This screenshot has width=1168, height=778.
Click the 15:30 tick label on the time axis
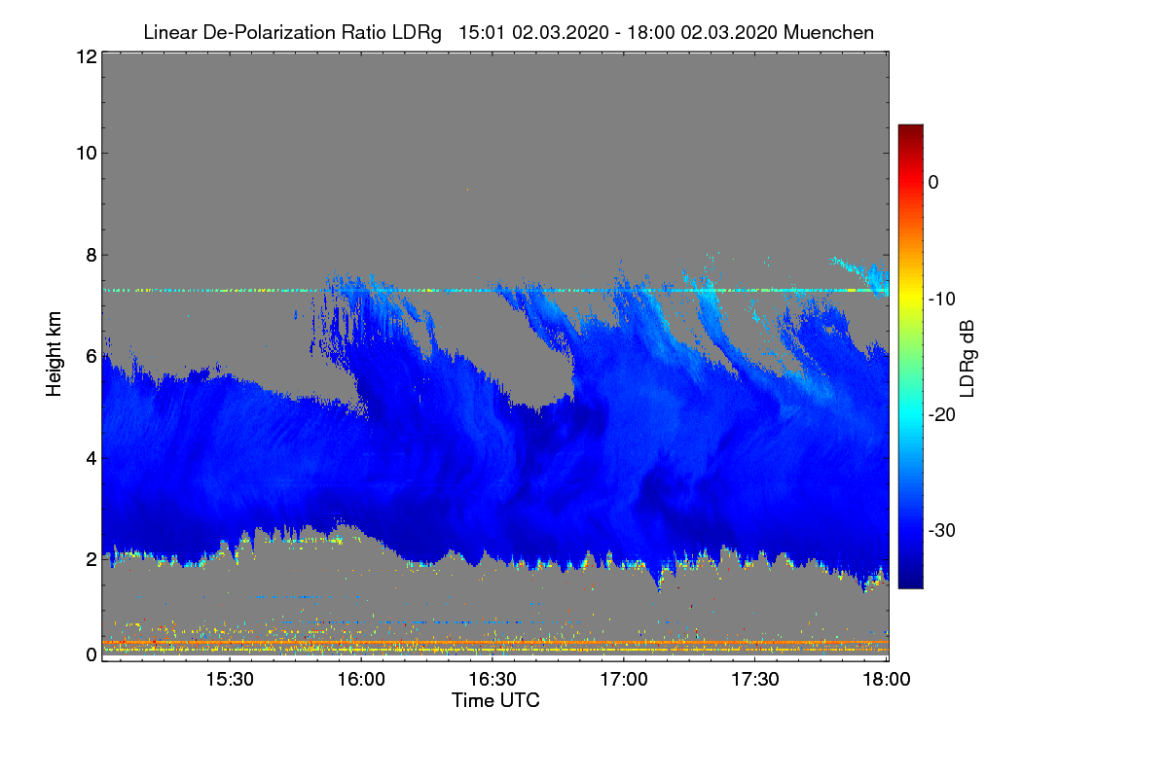[230, 680]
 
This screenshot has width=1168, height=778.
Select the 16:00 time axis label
[361, 680]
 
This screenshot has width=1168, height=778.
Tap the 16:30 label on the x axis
[493, 680]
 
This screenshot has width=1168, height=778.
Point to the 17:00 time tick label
[624, 680]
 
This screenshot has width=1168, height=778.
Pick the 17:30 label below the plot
[755, 680]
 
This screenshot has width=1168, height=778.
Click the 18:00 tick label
[887, 680]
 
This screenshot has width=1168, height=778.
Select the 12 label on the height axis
[87, 56]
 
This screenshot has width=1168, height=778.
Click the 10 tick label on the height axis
[87, 154]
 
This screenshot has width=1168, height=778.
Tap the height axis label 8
[91, 255]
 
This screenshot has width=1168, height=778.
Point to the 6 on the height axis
[91, 357]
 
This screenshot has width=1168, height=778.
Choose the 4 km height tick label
[91, 459]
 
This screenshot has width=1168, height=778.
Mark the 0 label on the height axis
[91, 654]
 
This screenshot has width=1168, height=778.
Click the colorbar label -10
[942, 300]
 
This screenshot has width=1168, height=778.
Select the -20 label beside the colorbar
[942, 415]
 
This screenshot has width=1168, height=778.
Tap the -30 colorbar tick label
[942, 530]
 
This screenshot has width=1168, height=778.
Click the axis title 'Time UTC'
[495, 700]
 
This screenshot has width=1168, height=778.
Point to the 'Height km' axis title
[54, 354]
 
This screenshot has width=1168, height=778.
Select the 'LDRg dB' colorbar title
[967, 359]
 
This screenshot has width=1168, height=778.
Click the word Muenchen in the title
[828, 32]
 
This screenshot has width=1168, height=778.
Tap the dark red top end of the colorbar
[910, 126]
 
